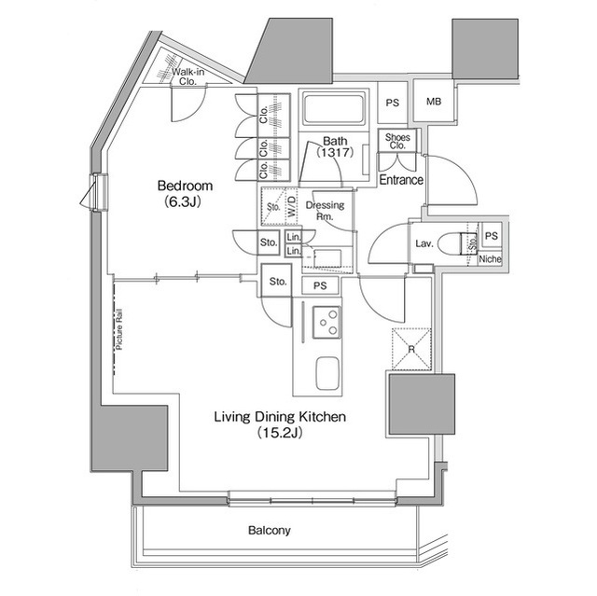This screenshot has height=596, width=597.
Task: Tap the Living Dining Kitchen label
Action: pyautogui.click(x=281, y=417)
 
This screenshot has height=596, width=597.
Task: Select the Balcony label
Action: pyautogui.click(x=270, y=531)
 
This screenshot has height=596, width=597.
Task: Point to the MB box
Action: pyautogui.click(x=434, y=103)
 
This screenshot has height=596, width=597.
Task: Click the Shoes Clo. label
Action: pyautogui.click(x=396, y=141)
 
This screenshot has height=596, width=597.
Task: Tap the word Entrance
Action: pyautogui.click(x=401, y=180)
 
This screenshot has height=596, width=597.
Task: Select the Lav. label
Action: pyautogui.click(x=423, y=244)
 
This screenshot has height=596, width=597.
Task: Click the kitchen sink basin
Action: pyautogui.click(x=326, y=375)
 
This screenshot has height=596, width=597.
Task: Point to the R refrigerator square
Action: pyautogui.click(x=410, y=348)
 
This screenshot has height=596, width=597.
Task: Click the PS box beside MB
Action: pyautogui.click(x=393, y=103)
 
